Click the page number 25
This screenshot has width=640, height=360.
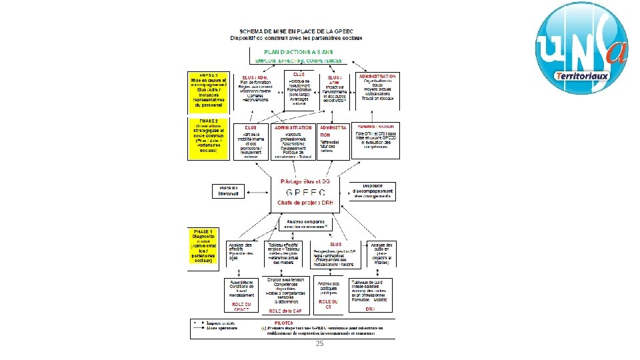coord(319,343)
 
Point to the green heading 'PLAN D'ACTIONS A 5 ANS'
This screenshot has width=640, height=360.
coord(308,52)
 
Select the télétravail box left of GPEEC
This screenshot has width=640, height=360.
coord(229,191)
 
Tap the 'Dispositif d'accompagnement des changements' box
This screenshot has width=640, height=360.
coord(372,191)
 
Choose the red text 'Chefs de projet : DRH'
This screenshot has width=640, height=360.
coord(306,203)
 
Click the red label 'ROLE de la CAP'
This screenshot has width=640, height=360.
coord(285,311)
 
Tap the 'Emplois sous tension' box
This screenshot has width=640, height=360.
coord(285,289)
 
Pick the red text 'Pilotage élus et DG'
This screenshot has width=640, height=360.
coord(305,181)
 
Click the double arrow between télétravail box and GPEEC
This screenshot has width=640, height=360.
coord(257,191)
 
